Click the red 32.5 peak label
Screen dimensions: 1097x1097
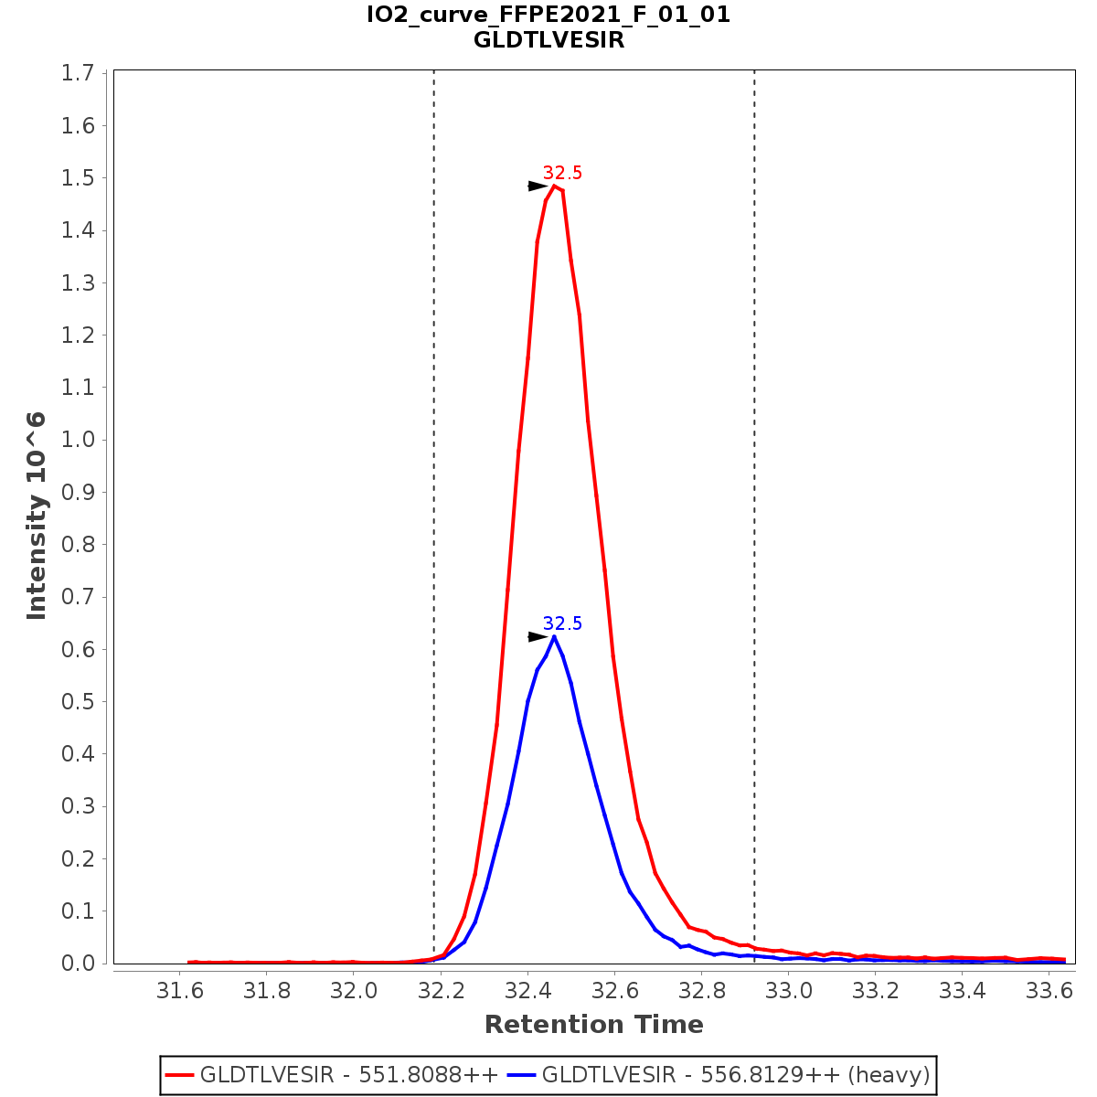coord(562,174)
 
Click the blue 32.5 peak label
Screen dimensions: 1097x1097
coord(562,624)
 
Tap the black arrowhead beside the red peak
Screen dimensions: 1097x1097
coord(538,186)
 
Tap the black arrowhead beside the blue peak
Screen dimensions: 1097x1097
coord(538,637)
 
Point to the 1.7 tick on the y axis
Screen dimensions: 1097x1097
coord(78,73)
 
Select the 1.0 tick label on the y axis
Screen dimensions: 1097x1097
coord(78,440)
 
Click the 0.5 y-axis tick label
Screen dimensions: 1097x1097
coord(78,702)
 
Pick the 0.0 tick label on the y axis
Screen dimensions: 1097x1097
coord(78,964)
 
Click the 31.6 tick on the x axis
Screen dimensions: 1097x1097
coord(180,991)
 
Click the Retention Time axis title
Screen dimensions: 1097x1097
coord(594,1025)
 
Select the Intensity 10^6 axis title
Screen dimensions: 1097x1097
coord(37,517)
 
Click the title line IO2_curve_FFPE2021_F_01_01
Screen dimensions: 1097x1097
coord(548,15)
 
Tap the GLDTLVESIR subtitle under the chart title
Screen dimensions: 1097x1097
coord(548,40)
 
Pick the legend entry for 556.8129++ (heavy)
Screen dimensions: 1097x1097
coord(736,1075)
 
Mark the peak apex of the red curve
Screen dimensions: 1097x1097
coord(554,186)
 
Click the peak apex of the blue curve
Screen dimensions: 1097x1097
coord(554,636)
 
